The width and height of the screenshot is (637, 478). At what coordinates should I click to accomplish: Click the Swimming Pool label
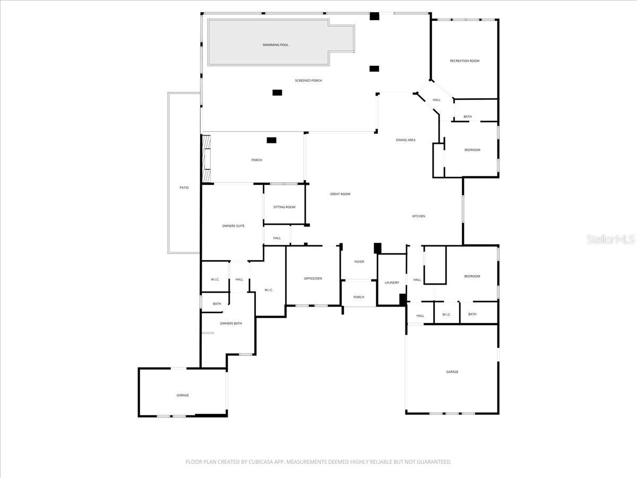coord(276,45)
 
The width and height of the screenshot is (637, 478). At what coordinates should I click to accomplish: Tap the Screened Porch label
coord(308,81)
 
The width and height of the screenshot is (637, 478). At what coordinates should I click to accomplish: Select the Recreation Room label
coord(464,61)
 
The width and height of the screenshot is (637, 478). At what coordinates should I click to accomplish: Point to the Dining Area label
coord(406,140)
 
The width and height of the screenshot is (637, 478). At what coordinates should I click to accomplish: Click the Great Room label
coord(340,194)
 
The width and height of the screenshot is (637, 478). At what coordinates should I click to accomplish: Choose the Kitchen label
coord(419,216)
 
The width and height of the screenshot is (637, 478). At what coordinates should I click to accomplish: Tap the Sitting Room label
coord(284,207)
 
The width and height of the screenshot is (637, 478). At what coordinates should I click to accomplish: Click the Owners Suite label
coord(234,226)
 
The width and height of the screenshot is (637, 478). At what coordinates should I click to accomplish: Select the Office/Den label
coord(313,279)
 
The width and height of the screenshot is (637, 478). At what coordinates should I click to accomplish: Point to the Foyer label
coord(359,262)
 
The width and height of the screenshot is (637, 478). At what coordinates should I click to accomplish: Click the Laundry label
coord(392,283)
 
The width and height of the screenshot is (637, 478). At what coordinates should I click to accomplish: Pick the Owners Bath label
coord(231,323)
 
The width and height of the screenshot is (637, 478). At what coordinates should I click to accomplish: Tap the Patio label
coord(184,188)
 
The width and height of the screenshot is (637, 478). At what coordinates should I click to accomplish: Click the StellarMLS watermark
coord(610,239)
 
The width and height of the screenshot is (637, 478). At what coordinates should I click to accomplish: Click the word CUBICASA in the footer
coord(261,462)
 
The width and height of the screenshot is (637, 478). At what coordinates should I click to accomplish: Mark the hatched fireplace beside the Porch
coord(206,159)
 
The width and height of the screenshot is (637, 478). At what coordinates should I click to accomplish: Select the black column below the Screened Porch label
coord(277,92)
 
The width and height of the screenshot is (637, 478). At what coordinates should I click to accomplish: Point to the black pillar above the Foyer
coord(377,248)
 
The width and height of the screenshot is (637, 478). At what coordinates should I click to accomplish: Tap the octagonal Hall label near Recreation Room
coord(436,100)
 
